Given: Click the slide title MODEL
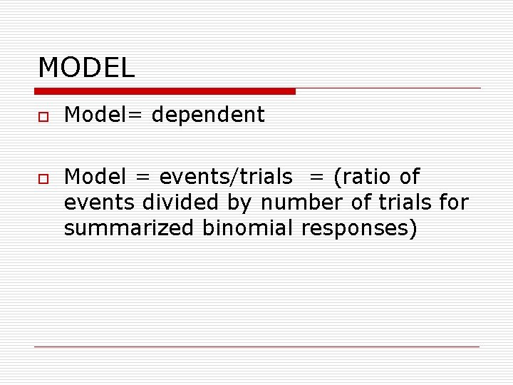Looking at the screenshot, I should click(x=86, y=68).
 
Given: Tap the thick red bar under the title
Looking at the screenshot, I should click(x=165, y=91).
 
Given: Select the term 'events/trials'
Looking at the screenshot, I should click(x=225, y=176).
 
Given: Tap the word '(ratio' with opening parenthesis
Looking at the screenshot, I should click(x=361, y=176).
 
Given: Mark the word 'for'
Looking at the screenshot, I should click(x=454, y=202).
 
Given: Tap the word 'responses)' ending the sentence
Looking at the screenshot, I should click(x=359, y=230).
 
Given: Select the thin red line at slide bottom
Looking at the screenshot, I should click(x=256, y=346).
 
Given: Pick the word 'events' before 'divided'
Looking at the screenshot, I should click(x=100, y=202).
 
